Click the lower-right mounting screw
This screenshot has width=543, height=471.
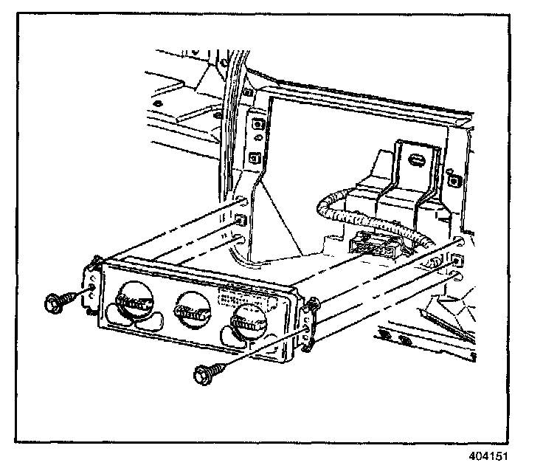(203, 374)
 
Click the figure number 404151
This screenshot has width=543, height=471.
(488, 456)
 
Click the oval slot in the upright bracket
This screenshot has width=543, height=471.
(416, 159)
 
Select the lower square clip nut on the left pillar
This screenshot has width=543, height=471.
(256, 157)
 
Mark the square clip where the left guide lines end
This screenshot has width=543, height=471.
(240, 220)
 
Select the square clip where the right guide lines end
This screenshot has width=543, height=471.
(458, 258)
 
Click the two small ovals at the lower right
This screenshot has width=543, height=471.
(398, 340)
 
